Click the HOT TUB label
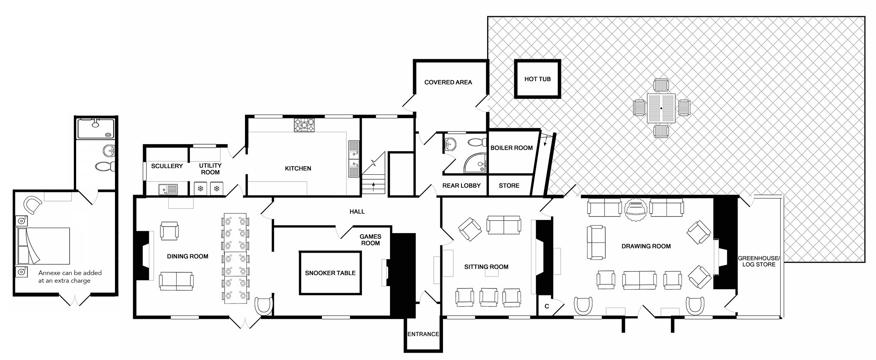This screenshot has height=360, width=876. pyautogui.click(x=537, y=79)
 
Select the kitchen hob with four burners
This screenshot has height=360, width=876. pyautogui.click(x=305, y=125)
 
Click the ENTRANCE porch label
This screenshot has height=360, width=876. pyautogui.click(x=423, y=334)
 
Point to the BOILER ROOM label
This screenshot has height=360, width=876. pyautogui.click(x=511, y=148)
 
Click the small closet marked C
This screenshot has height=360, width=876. pyautogui.click(x=546, y=307)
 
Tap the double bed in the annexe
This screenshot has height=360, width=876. pyautogui.click(x=43, y=245)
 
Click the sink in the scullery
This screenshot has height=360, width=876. pyautogui.click(x=168, y=189)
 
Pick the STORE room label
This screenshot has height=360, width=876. pyautogui.click(x=509, y=185)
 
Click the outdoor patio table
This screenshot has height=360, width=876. pyautogui.click(x=661, y=108)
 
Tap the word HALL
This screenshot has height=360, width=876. pyautogui.click(x=357, y=212)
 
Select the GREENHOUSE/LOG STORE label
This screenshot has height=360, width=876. pyautogui.click(x=758, y=261)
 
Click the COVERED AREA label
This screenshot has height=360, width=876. pyautogui.click(x=448, y=82)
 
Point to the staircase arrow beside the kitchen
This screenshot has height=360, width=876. pyautogui.click(x=373, y=187)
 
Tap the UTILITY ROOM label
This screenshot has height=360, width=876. pyautogui.click(x=210, y=169)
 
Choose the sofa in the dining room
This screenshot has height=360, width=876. pyautogui.click(x=176, y=281)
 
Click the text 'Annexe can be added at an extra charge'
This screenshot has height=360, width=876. pyautogui.click(x=70, y=277)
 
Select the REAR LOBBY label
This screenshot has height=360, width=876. pyautogui.click(x=461, y=185)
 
